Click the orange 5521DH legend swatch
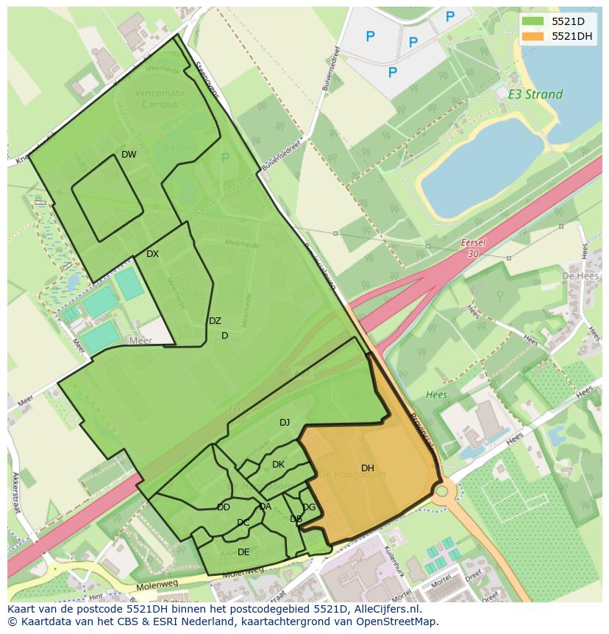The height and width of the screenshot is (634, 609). point(533,36)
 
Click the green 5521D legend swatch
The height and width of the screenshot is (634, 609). point(533,21)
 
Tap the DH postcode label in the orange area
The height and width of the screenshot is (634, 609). point(368,468)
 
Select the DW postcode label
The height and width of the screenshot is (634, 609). point(129,155)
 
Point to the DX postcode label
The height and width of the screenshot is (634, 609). point(152,254)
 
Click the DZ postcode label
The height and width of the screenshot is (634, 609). point(215,321)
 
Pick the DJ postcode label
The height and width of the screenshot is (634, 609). point(285,423)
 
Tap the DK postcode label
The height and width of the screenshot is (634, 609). point(278,465)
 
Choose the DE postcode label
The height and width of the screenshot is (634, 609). point(243,552)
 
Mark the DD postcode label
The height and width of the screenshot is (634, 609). point(224,507)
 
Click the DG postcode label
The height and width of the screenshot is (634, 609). point(309,507)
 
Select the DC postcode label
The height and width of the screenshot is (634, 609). point(243,523)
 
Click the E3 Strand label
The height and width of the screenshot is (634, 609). point(535,94)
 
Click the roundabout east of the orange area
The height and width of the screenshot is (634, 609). point(441,491)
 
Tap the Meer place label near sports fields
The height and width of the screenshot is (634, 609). point(140,341)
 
